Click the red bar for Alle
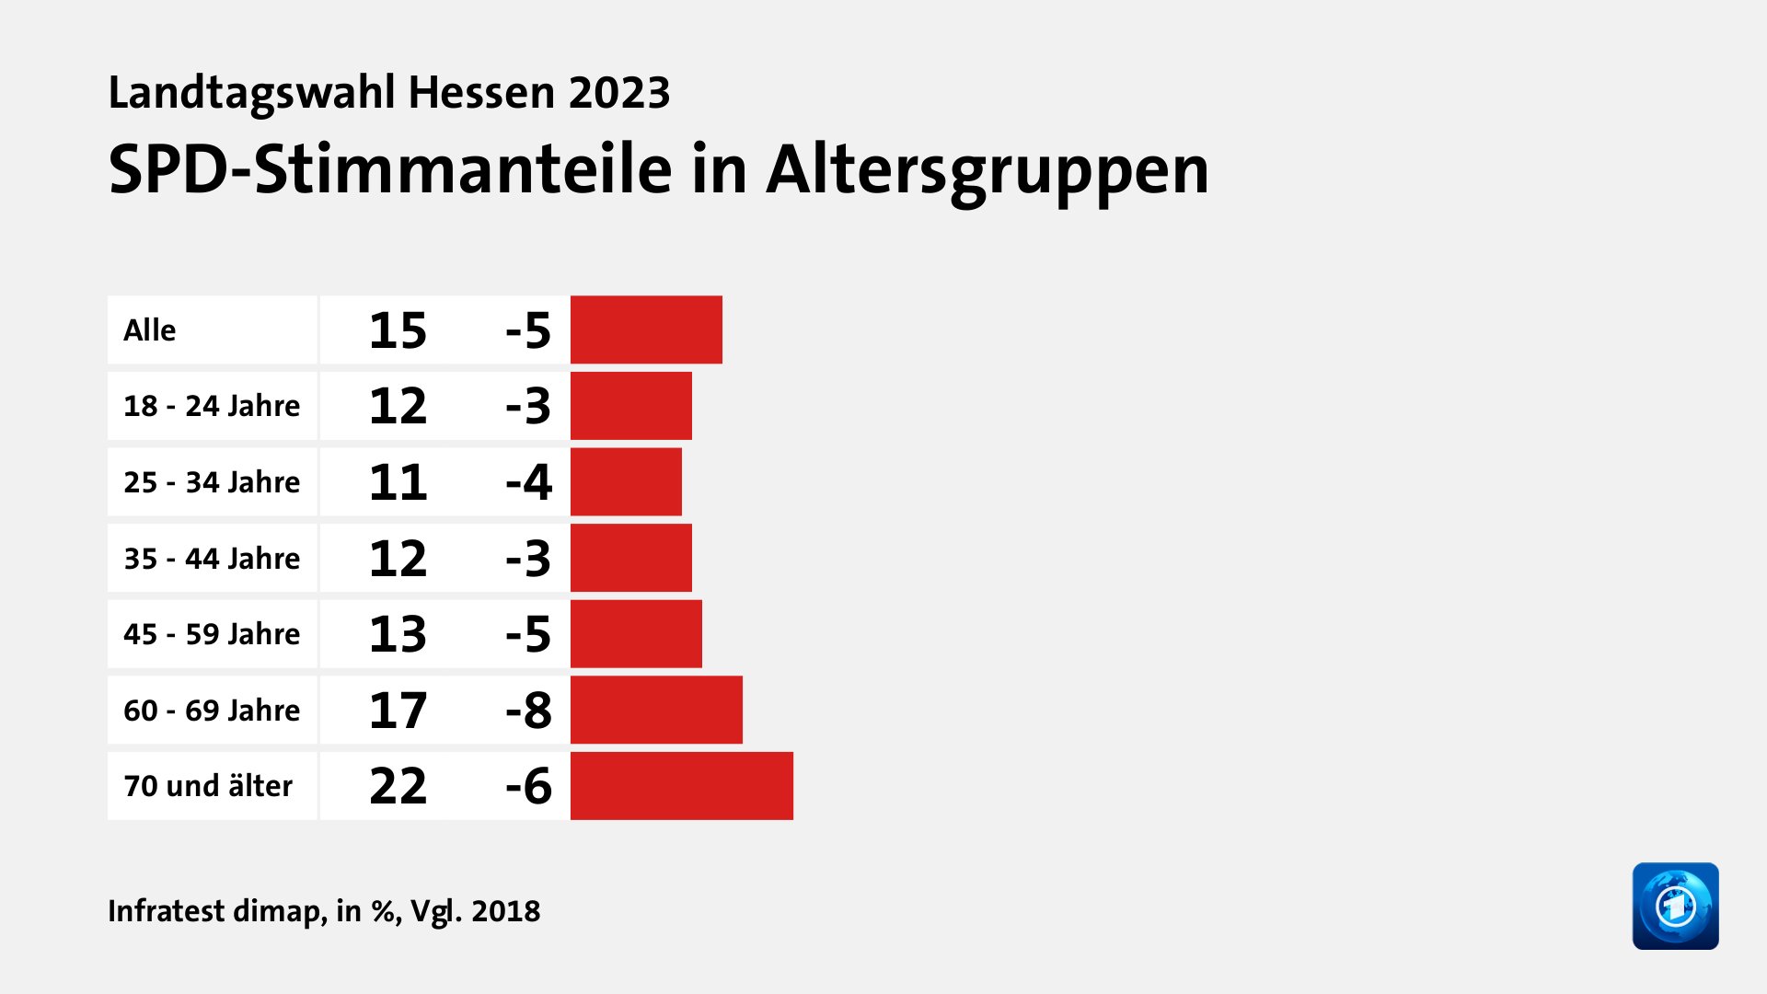tap(646, 329)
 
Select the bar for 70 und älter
tap(681, 786)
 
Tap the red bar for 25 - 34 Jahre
tap(626, 481)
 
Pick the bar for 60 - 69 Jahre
tap(656, 710)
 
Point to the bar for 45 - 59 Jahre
tap(636, 634)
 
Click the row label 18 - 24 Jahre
tap(212, 406)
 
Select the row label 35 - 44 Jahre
tap(212, 559)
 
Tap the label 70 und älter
tap(208, 786)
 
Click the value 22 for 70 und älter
tap(398, 786)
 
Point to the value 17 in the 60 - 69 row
tap(398, 711)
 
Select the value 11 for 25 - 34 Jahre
tap(398, 482)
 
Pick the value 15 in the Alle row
tap(398, 330)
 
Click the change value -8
tap(528, 711)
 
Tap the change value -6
tap(528, 786)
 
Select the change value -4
tap(528, 482)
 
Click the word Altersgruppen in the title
tap(987, 171)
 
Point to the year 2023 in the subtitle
tap(618, 93)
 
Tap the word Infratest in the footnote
tap(166, 911)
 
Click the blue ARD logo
tap(1675, 906)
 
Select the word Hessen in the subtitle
tap(481, 93)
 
